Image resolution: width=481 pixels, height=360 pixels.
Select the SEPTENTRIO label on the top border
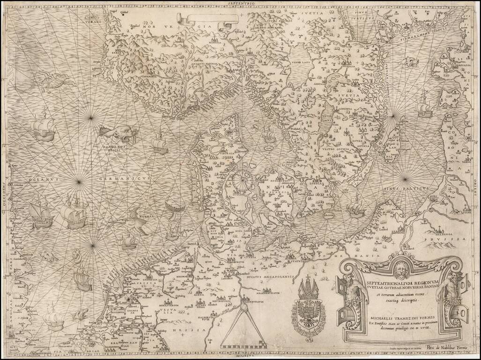point(241,3)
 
